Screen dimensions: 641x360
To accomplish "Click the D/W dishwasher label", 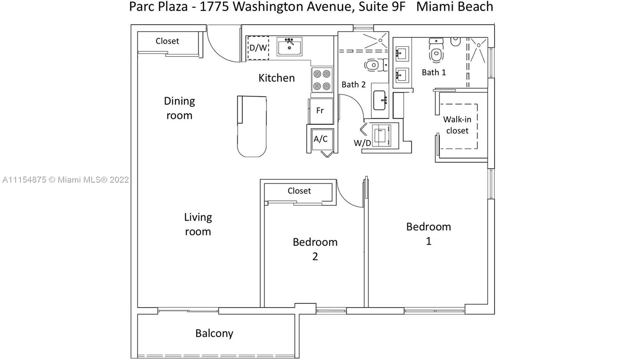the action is click(x=258, y=48).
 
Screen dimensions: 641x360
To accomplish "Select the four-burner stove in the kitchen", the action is click(x=322, y=80).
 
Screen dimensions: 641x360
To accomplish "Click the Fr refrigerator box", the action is click(x=321, y=111).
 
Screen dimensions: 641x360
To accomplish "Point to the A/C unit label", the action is click(x=320, y=139).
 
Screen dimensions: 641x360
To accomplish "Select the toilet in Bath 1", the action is click(x=436, y=50).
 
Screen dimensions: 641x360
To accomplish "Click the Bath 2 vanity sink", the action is click(x=380, y=101).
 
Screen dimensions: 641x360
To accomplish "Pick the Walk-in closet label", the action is click(x=457, y=125).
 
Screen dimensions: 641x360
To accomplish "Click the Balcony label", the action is click(x=214, y=334).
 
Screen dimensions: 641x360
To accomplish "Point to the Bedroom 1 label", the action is click(x=429, y=234).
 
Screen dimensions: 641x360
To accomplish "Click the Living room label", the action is click(x=198, y=225).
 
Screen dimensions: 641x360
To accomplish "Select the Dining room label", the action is click(x=179, y=109).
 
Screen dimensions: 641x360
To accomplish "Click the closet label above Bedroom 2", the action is click(x=299, y=191).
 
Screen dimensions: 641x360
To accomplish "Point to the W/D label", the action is click(x=362, y=143).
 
